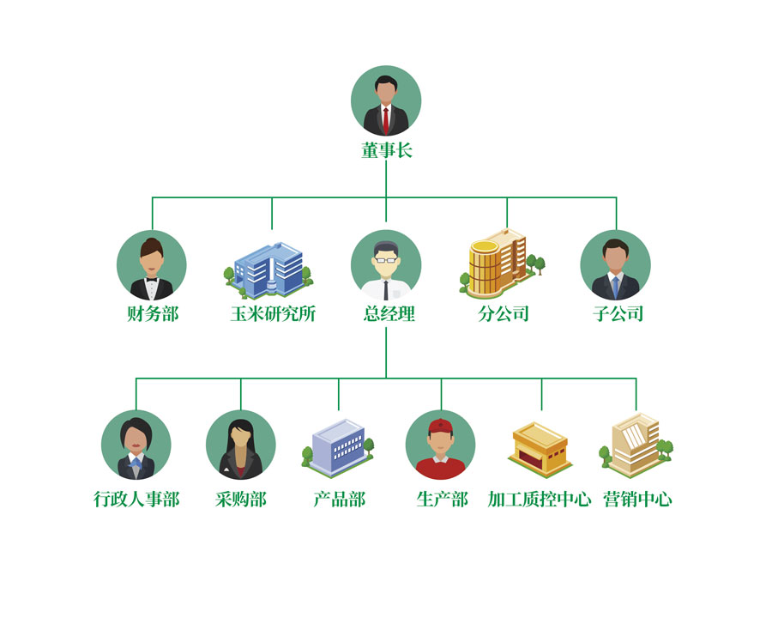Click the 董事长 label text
[386, 150]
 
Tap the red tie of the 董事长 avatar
[386, 120]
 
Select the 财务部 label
[152, 313]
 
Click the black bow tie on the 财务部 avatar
[151, 280]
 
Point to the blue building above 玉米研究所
[268, 270]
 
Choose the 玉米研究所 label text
[273, 313]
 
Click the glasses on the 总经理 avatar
[385, 259]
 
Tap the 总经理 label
[389, 313]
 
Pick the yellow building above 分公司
[502, 263]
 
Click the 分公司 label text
[504, 313]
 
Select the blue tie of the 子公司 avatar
[615, 287]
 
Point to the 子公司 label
[618, 313]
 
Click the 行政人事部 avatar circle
[136, 445]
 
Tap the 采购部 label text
[241, 499]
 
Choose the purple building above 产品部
[338, 448]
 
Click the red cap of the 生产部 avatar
[440, 426]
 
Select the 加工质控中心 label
[540, 499]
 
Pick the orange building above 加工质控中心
[540, 449]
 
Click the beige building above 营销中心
[636, 445]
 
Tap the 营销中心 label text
[637, 499]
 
